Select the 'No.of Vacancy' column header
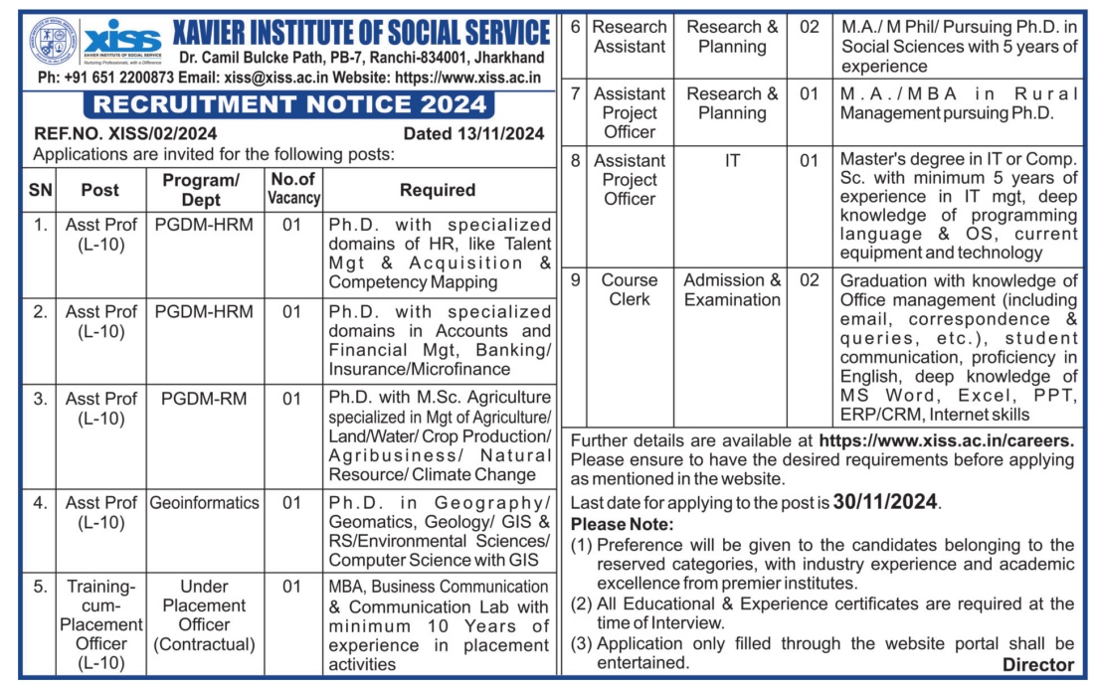(292, 188)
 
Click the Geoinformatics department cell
(204, 503)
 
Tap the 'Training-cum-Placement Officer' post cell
(100, 624)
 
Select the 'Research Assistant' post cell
(630, 37)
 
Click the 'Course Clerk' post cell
(630, 289)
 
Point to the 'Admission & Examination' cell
(733, 289)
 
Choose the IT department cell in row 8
(733, 160)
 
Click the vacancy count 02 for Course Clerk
(810, 280)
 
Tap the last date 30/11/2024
(885, 502)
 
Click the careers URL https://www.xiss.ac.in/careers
(947, 439)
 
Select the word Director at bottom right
(1037, 665)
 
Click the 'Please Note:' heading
(622, 524)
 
